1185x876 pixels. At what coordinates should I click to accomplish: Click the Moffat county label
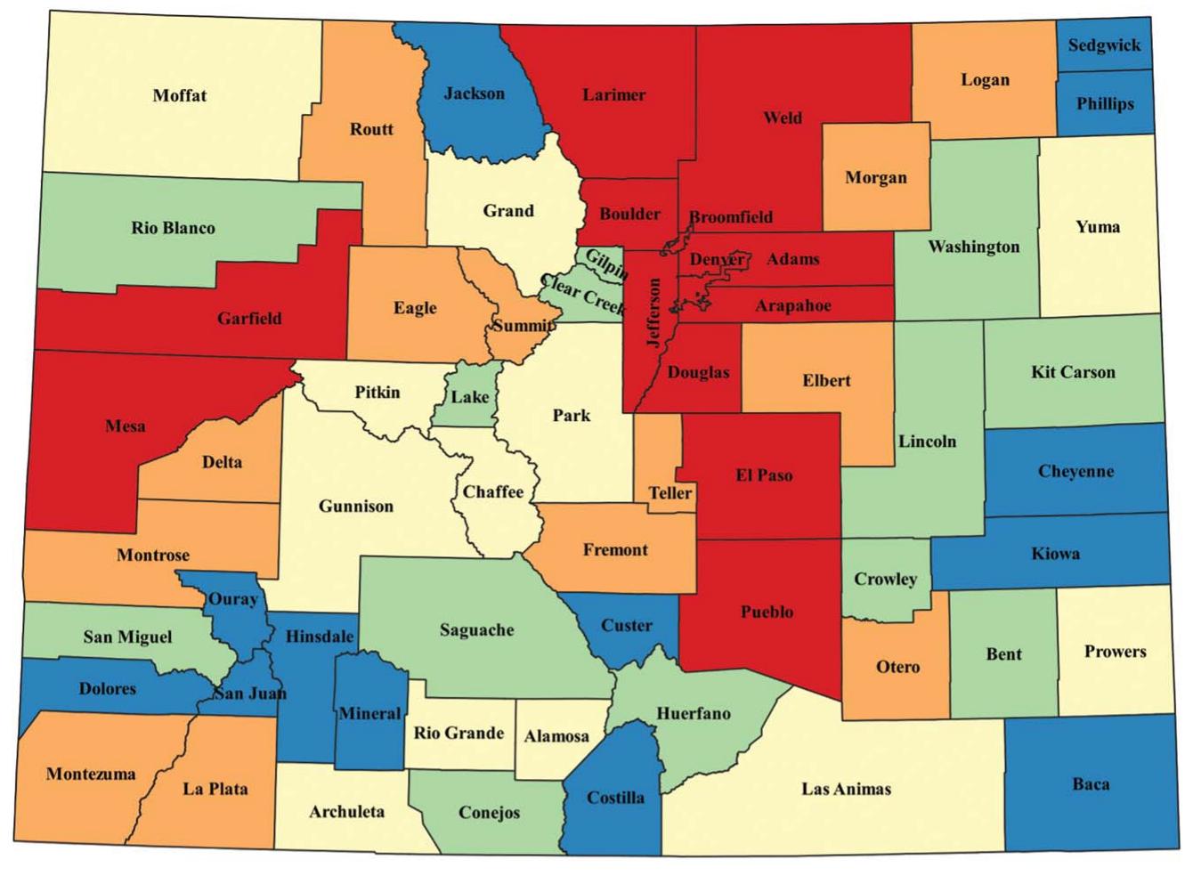[x=180, y=95]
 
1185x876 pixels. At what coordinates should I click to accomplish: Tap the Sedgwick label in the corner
[x=1104, y=45]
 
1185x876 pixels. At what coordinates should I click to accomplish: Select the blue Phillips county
[x=1105, y=103]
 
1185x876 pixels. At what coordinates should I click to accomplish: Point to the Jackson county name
[x=474, y=93]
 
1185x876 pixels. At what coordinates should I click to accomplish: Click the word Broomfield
[x=731, y=216]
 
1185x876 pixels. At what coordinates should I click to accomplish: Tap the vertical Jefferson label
[x=654, y=313]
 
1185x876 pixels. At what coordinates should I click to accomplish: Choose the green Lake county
[x=469, y=396]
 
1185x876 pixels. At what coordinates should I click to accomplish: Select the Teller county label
[x=670, y=492]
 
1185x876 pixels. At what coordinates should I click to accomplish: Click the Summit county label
[x=523, y=325]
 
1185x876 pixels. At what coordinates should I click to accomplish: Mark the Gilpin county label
[x=606, y=264]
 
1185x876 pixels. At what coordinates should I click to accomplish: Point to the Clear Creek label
[x=582, y=295]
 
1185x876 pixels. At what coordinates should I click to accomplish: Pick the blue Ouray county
[x=233, y=599]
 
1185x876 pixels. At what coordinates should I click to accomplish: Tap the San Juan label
[x=250, y=693]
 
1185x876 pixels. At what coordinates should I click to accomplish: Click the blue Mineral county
[x=369, y=713]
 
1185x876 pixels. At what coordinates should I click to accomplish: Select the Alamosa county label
[x=556, y=736]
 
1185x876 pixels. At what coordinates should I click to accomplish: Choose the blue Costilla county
[x=615, y=797]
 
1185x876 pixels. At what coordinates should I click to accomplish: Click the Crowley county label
[x=885, y=579]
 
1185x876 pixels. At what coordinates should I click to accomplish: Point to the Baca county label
[x=1091, y=783]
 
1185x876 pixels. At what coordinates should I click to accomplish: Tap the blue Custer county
[x=627, y=625]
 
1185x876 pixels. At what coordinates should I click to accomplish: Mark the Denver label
[x=717, y=259]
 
